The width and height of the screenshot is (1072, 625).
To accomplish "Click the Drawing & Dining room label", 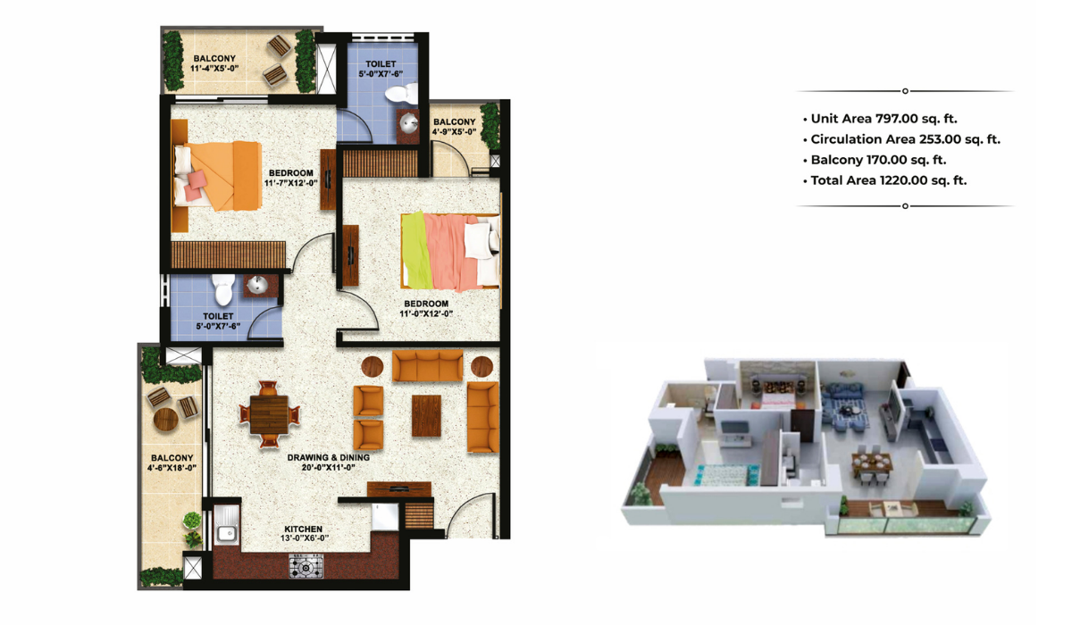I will (328, 457).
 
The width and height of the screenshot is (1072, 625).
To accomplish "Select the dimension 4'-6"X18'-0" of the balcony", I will (172, 466).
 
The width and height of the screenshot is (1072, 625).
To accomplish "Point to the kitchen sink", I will (225, 533).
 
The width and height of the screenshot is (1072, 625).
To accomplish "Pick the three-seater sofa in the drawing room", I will (428, 366).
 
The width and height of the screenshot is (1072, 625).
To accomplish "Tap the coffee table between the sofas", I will (426, 415).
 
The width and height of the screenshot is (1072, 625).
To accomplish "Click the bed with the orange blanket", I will (219, 174).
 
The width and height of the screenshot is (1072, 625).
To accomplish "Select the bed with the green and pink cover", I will (448, 251).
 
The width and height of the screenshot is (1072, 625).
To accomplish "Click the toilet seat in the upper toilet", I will (408, 91).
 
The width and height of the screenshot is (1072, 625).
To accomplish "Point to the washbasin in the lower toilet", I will (256, 286).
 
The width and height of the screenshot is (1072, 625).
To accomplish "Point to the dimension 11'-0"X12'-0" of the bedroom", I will (425, 313).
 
